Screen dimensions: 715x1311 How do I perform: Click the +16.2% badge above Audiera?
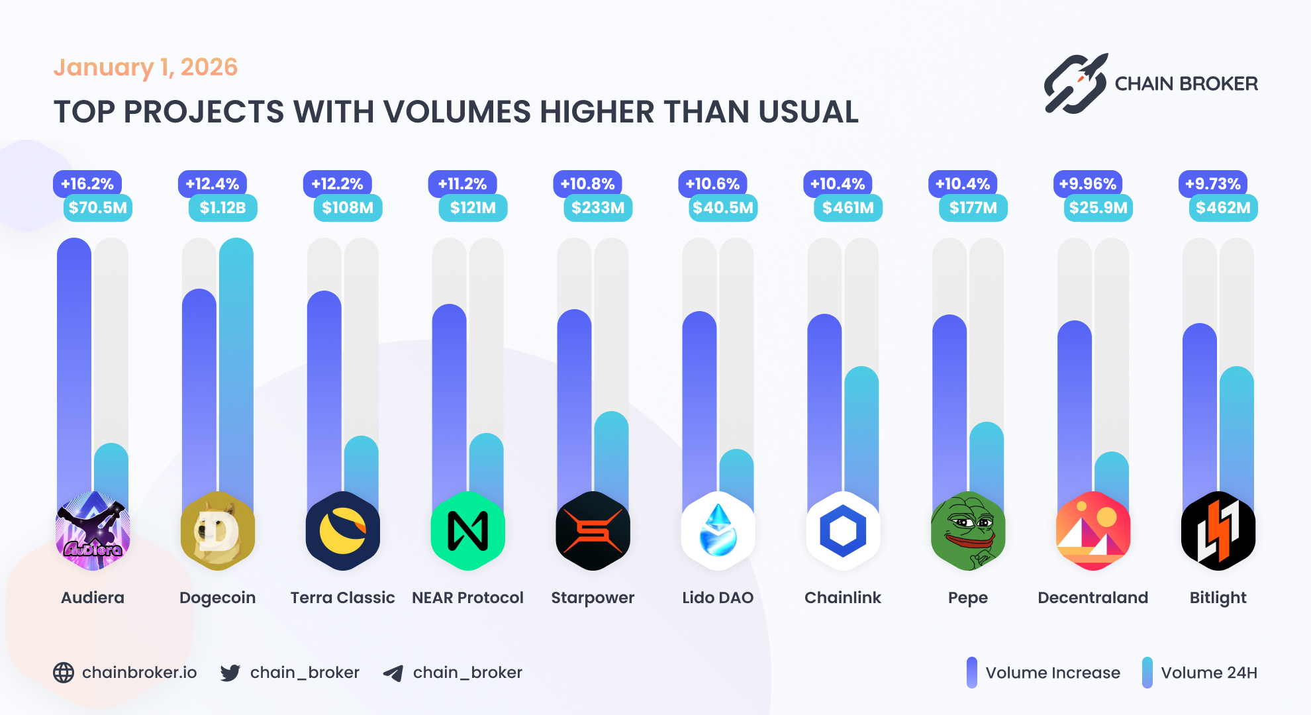tap(87, 184)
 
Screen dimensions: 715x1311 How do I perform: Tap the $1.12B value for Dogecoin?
tap(222, 208)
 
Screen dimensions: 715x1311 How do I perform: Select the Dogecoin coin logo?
tap(218, 531)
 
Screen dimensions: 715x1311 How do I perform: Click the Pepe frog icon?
tap(967, 531)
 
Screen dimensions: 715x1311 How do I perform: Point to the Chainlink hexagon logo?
tap(843, 531)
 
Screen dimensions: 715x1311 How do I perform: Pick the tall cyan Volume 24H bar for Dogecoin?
tap(236, 371)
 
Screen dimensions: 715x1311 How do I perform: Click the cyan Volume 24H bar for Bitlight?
tap(1236, 430)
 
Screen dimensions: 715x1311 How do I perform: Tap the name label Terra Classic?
tap(342, 598)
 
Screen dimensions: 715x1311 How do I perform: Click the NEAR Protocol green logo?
tap(467, 531)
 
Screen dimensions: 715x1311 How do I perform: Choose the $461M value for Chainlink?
tap(848, 208)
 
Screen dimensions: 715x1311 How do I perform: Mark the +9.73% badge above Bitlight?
tap(1212, 184)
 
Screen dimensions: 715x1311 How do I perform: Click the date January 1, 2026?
tap(145, 68)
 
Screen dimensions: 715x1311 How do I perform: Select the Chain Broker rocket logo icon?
tap(1075, 84)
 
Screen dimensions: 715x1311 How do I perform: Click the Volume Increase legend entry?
tap(1044, 673)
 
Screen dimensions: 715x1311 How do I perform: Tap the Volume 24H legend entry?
tap(1200, 673)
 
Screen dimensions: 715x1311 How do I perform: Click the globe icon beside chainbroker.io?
tap(64, 673)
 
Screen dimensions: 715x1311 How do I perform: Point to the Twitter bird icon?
tap(230, 673)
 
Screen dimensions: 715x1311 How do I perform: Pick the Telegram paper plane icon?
tap(393, 673)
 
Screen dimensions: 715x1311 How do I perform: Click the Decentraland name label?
tap(1092, 598)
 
